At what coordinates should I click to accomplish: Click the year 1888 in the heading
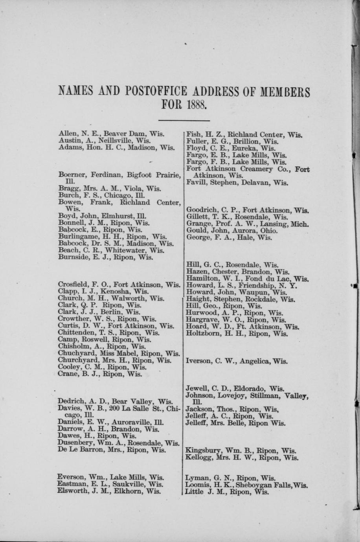(197, 106)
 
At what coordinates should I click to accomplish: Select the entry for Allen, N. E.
(111, 134)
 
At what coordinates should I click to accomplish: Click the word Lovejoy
(232, 395)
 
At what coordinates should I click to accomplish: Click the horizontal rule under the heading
(184, 121)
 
